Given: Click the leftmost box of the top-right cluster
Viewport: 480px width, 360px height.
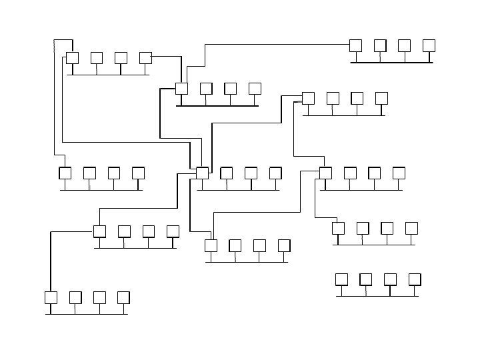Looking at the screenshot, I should coord(355,45).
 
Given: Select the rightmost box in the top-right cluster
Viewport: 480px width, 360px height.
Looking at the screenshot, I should coord(429,45).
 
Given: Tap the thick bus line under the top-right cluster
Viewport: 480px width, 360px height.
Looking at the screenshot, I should coord(391,62).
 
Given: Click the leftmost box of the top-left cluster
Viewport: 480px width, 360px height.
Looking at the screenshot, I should coord(72,58).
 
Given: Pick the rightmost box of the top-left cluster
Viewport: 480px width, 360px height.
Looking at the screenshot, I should coord(145,58).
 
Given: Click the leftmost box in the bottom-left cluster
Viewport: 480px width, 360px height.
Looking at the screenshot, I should coord(51,297).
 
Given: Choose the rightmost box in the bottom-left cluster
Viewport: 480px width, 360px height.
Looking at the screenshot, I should coord(123,297).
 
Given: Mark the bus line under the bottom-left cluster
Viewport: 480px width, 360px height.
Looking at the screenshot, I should coord(87,313).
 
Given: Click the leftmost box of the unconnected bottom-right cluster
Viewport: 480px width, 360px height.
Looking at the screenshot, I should coord(341,279).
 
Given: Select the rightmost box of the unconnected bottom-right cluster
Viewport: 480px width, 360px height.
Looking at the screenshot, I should coord(415,279).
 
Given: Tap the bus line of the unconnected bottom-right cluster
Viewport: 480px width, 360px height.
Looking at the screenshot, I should coord(377,295).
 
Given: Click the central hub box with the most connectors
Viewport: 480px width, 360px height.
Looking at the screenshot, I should coord(202,173).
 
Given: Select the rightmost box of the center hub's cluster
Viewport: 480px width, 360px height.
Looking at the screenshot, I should coord(275,173).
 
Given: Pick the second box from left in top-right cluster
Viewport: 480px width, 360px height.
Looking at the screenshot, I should coord(380,45).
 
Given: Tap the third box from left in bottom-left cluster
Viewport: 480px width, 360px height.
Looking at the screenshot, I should coord(99,297).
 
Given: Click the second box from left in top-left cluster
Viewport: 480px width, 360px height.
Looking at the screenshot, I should coord(97,58).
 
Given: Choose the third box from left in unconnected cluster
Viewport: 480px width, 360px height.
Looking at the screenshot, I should coord(390,279).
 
